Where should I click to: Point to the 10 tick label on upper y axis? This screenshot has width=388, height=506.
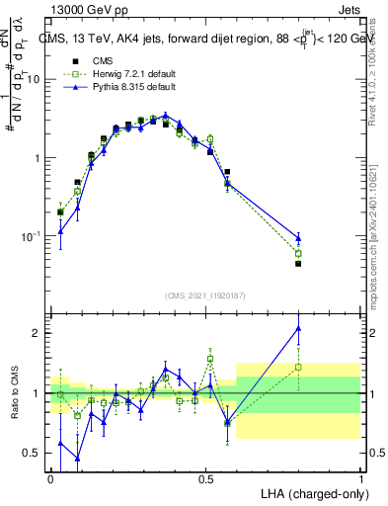(x=35, y=79)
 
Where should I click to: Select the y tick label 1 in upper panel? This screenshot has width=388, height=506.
(x=38, y=158)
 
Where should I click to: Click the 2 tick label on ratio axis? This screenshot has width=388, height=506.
(x=38, y=333)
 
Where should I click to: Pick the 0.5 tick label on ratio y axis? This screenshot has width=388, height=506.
(x=33, y=454)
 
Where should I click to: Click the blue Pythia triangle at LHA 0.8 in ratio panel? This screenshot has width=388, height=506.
(x=298, y=328)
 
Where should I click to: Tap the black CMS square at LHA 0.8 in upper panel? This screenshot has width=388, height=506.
(x=298, y=264)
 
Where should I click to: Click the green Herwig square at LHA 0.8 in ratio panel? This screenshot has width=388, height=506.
(x=298, y=368)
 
